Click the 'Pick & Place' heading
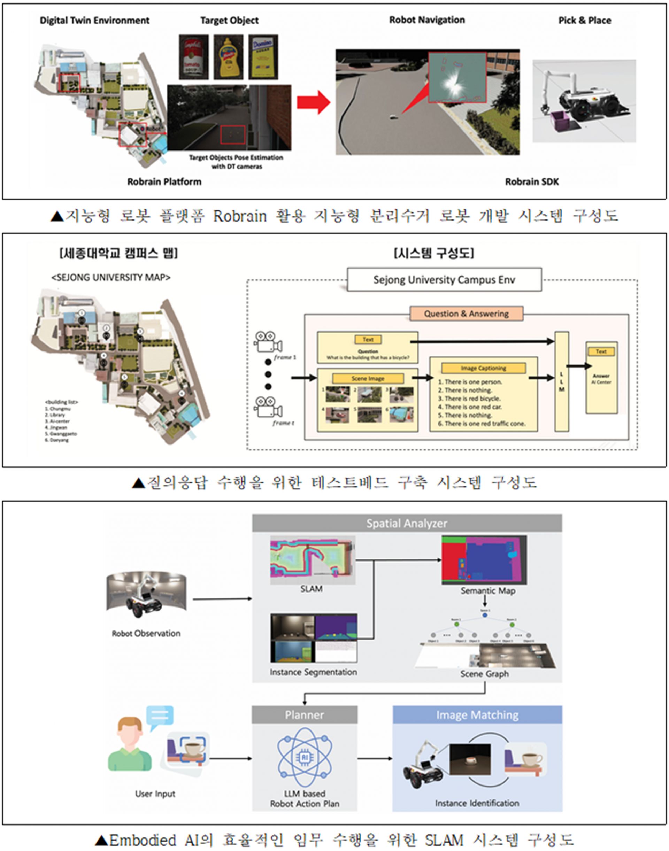click(584, 20)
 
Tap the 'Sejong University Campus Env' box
click(444, 280)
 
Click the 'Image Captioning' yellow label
click(483, 368)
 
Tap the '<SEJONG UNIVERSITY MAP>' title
click(111, 278)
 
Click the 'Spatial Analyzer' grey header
click(407, 523)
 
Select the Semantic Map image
click(484, 560)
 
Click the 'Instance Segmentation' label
click(313, 672)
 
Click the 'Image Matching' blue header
click(477, 715)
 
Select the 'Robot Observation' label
click(146, 633)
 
